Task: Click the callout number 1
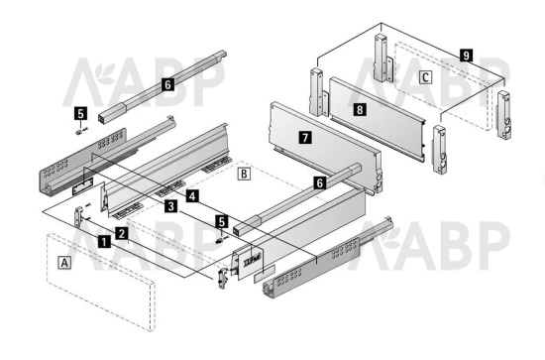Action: click(x=104, y=241)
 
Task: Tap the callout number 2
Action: click(x=121, y=233)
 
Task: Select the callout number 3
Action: click(x=170, y=206)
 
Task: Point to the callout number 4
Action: click(x=192, y=196)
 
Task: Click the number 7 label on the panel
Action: click(x=305, y=138)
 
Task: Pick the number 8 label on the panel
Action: click(x=360, y=109)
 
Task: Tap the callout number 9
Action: click(x=466, y=56)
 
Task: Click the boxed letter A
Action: click(x=64, y=263)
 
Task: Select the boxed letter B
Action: click(x=244, y=174)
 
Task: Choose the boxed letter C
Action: click(x=425, y=77)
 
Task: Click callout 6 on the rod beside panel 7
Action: click(x=320, y=182)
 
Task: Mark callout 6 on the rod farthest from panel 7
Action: click(x=167, y=84)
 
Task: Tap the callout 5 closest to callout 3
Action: click(x=222, y=221)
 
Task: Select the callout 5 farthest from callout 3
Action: click(x=80, y=113)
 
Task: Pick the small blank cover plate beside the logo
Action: click(x=265, y=273)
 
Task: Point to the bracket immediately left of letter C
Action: click(x=383, y=59)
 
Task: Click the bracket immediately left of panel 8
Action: click(x=319, y=92)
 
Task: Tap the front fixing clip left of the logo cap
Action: click(x=222, y=278)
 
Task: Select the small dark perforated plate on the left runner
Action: click(x=82, y=186)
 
